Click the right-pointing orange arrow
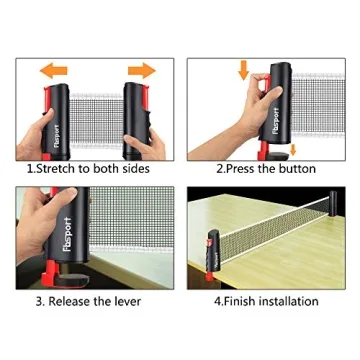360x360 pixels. click(142, 70)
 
